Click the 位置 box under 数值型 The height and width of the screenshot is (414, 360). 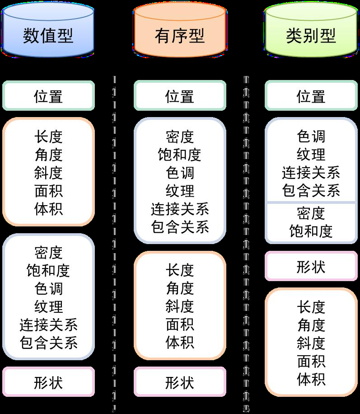pos(48,96)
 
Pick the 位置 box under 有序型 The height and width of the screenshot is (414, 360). pos(180,96)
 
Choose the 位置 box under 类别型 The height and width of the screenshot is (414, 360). pos(311,96)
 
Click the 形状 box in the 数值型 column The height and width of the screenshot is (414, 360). pos(48,382)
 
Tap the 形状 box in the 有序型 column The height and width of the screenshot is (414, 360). pos(180,382)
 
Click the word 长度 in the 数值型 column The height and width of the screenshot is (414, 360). pos(48,136)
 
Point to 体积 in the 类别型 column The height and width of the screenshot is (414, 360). pos(311,379)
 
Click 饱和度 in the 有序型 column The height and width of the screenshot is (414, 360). pos(180,155)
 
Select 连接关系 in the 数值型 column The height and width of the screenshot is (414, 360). pos(48,325)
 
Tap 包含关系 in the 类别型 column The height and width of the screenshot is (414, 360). pos(311,191)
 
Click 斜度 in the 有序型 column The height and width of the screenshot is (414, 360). pos(180,306)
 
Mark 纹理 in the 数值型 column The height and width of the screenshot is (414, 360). pos(48,306)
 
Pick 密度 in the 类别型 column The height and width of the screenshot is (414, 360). pos(311,213)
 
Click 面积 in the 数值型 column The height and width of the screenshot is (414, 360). pos(48,191)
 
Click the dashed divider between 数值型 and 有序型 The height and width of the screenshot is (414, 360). pos(114,244)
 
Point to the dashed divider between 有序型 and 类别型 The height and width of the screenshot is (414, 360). pos(246,244)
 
